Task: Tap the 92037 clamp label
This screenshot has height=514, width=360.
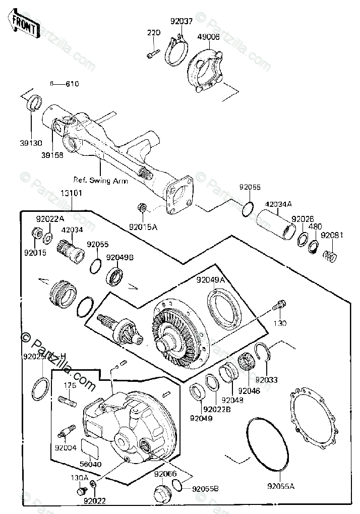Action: [182, 22]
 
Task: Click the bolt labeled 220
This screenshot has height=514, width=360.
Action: [153, 51]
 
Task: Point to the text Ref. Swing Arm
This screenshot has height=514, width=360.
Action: [101, 180]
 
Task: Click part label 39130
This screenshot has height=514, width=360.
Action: [31, 143]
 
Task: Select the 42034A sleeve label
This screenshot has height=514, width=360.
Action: [279, 204]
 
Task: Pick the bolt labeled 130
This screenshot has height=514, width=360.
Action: [278, 305]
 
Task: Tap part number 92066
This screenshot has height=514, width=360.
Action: [165, 474]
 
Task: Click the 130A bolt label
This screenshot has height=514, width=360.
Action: [80, 478]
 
